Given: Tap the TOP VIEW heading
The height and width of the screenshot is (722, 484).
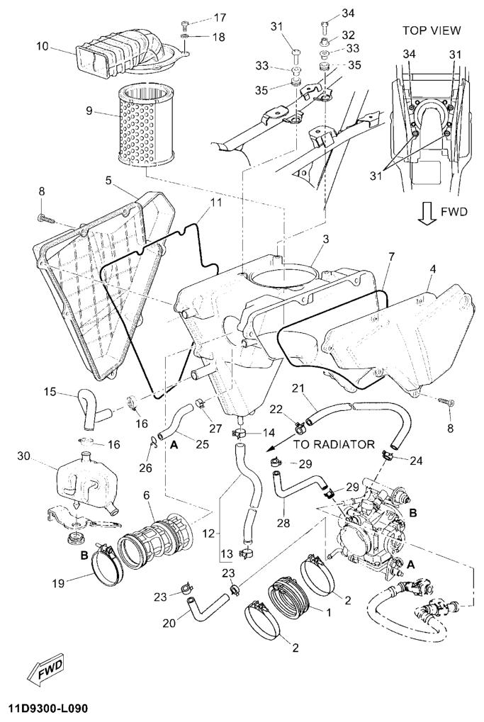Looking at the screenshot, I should (432, 30).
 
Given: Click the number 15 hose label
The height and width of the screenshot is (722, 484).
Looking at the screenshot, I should (50, 393).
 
